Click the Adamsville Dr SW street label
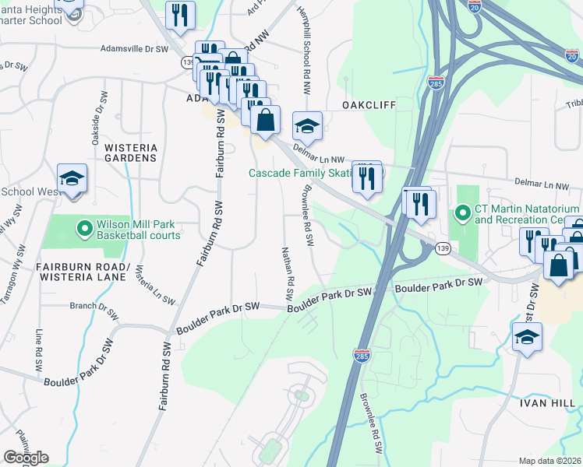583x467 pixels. pos(134,48)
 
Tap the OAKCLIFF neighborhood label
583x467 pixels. pos(369,105)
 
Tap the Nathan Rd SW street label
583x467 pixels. pos(286,274)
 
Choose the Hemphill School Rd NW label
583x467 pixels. pos(305,46)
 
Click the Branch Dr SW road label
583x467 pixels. pos(94,306)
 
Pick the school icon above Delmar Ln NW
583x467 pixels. pos(307,126)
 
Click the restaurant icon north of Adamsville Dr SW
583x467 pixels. pos(180,15)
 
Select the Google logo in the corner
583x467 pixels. pos(26,458)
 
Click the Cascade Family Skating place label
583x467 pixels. pos(300,173)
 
